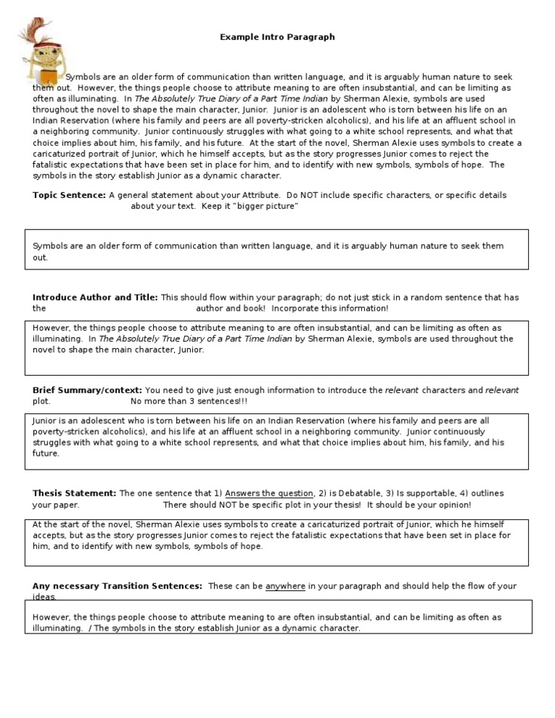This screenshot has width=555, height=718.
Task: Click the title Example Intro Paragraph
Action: (277, 37)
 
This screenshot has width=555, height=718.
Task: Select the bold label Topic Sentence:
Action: (69, 195)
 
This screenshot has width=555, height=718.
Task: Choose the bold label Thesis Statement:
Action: (74, 493)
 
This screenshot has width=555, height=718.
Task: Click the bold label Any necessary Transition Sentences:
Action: (117, 587)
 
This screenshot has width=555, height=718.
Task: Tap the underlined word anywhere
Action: (285, 587)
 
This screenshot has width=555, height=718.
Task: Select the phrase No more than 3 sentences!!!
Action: (189, 401)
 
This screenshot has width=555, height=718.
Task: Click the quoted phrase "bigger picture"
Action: (266, 207)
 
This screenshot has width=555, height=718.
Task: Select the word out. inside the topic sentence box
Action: (40, 258)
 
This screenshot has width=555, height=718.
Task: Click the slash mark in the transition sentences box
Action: (90, 628)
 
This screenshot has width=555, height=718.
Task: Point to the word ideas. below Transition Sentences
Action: (44, 597)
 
